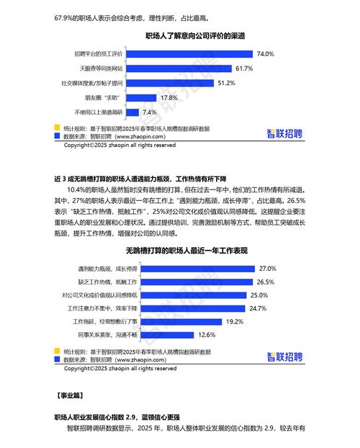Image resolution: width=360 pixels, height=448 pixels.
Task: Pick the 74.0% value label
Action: (266, 54)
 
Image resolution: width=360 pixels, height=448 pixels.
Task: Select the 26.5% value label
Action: (266, 282)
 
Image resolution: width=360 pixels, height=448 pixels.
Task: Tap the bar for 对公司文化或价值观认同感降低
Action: (189, 295)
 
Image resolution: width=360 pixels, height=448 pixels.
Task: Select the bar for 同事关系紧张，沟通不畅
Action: (150, 335)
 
